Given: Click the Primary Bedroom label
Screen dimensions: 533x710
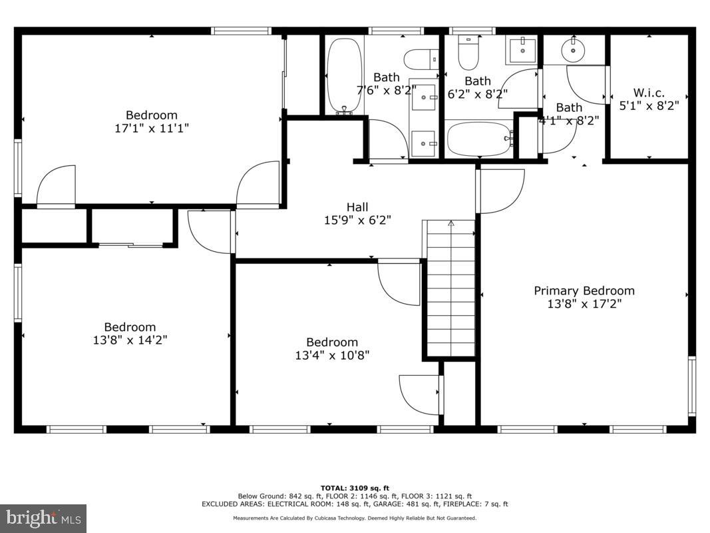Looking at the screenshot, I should click(584, 290).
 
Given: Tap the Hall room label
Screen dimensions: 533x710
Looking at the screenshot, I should click(357, 207).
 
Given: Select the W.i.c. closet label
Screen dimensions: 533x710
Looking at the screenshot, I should click(649, 93).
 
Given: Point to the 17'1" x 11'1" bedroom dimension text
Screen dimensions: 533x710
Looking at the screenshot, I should click(152, 128).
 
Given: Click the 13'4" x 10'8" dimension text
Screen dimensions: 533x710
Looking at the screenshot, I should click(332, 355).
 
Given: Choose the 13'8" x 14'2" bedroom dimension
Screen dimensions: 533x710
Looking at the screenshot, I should click(130, 340).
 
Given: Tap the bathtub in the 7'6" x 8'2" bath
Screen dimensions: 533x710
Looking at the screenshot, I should click(345, 75).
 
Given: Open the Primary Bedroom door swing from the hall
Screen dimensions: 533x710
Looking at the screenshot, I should click(500, 191).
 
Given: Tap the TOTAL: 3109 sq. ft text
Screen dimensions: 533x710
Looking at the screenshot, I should click(355, 488).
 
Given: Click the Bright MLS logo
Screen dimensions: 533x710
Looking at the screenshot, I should click(43, 518).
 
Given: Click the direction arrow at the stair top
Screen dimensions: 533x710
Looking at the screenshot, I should click(450, 224).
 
